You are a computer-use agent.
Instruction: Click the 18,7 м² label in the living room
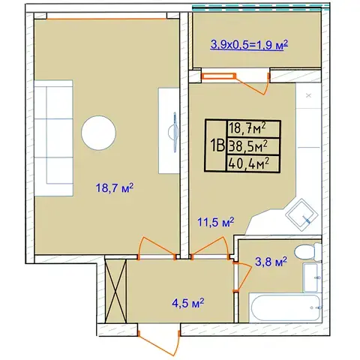[115, 188]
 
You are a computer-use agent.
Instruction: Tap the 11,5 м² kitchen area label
[216, 222]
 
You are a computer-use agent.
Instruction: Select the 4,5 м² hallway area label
[188, 303]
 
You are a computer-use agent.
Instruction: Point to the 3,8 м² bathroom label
[271, 262]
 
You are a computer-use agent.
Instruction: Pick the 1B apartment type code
[217, 146]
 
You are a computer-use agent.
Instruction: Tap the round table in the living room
[98, 133]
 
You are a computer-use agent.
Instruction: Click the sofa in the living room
[53, 138]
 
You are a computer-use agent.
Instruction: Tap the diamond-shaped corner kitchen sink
[301, 215]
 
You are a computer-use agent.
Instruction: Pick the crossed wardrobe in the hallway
[115, 291]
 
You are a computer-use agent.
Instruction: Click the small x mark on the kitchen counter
[309, 95]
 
